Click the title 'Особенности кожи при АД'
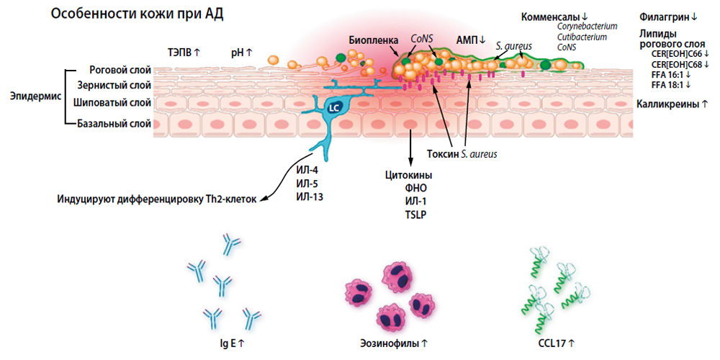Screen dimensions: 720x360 (x=136, y=14)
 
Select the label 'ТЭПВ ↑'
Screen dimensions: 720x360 (x=184, y=53)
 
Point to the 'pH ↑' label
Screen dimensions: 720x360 (x=241, y=53)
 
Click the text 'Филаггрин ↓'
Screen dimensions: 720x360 (x=668, y=17)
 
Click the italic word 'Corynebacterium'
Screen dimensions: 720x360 (x=588, y=27)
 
